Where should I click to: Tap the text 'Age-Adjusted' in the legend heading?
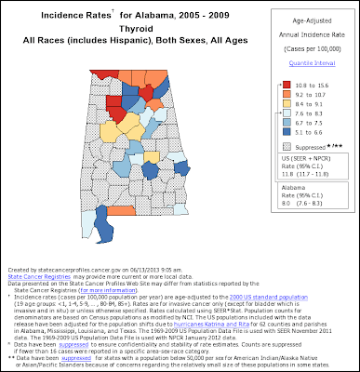click(x=305, y=19)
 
